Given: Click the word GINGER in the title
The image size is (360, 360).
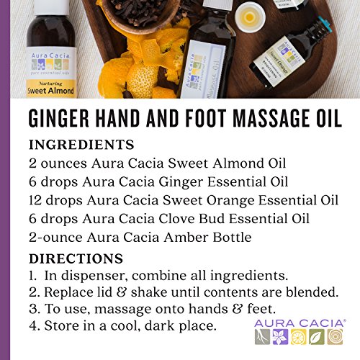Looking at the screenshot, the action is [59, 118].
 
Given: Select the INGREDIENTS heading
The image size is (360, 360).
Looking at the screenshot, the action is [81, 145].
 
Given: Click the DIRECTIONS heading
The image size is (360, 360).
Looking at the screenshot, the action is [76, 258].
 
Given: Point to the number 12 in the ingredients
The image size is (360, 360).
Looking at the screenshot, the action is [35, 200].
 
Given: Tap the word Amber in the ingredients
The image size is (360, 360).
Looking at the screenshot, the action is [186, 237].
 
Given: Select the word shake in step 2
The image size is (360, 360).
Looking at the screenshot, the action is [149, 292].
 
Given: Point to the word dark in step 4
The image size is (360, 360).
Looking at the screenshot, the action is [159, 325].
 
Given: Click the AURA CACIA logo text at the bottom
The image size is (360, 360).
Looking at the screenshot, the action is [300, 323].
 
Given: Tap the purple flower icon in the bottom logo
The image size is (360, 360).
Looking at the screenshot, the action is [281, 336].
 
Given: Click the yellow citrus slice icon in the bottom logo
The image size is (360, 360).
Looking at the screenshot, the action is [299, 336].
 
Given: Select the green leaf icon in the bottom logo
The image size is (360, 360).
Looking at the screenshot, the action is [317, 336].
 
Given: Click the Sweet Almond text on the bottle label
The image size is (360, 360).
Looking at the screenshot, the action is [50, 91].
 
